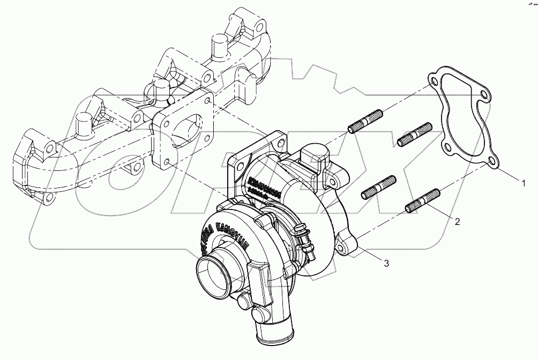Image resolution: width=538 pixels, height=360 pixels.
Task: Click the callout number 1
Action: click(524, 183)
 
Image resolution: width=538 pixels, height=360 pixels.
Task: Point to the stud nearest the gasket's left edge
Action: click(415, 133)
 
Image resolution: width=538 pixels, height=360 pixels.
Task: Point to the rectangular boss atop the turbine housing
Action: click(313, 153)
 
